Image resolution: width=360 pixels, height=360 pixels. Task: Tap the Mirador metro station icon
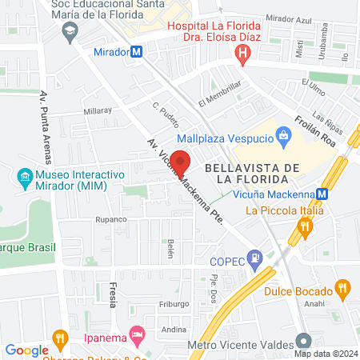[137, 51]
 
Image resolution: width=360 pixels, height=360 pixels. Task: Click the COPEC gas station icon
[254, 258]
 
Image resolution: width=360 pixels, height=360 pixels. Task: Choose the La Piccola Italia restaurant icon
[304, 228]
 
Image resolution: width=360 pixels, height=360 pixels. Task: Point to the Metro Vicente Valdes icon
[302, 340]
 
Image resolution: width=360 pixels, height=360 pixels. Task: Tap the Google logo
[26, 350]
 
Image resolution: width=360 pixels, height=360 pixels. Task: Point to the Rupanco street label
[112, 219]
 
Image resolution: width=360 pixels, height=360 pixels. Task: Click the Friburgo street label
[174, 304]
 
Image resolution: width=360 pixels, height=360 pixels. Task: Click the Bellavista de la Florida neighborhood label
[252, 173]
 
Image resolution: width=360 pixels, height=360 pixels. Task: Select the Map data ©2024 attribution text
[326, 353]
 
